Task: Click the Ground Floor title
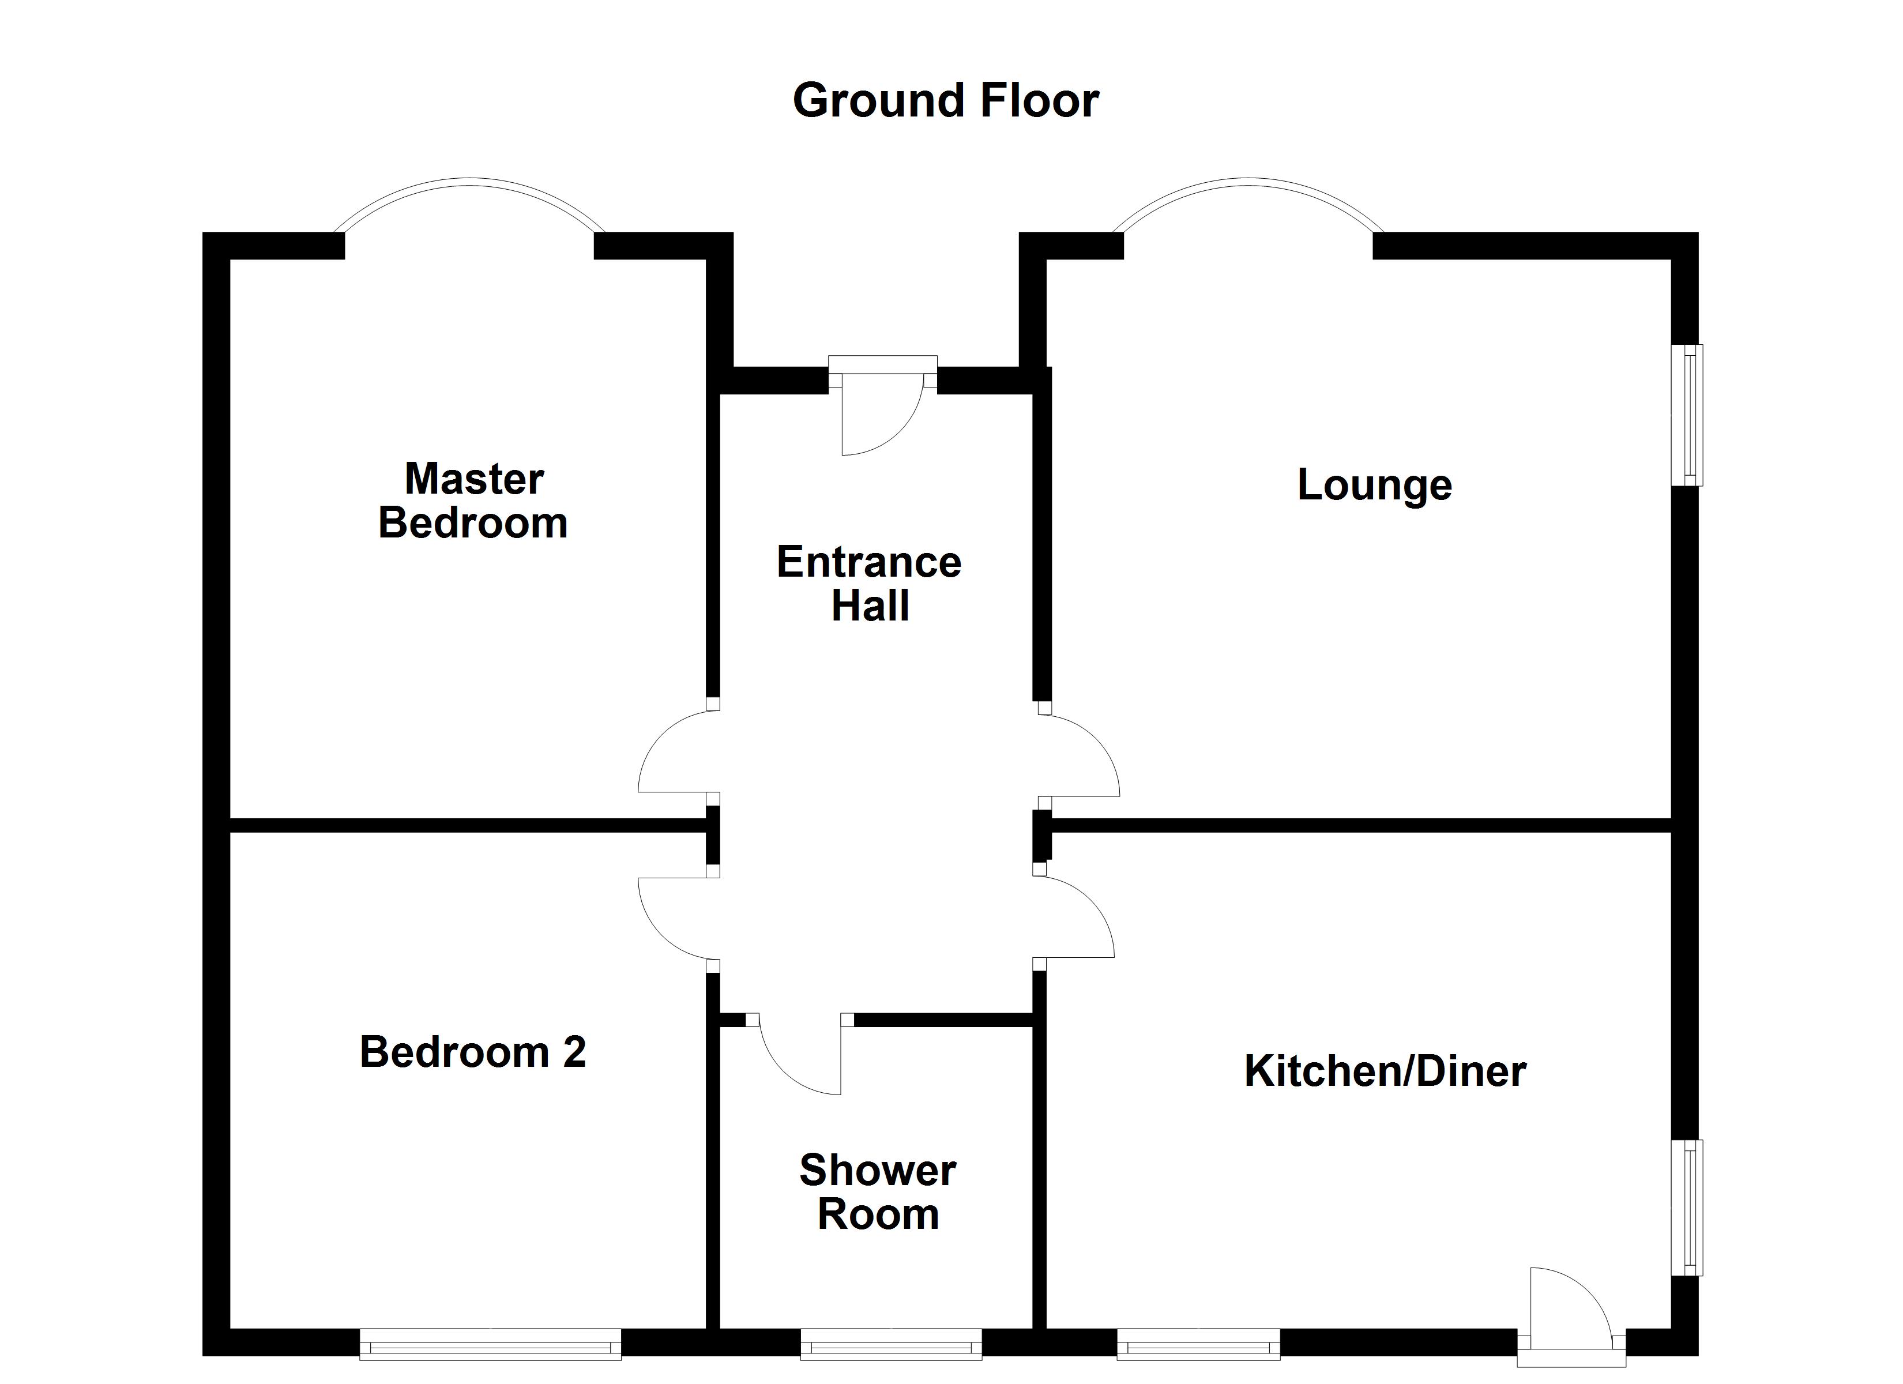[x=946, y=101]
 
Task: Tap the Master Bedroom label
[x=473, y=501]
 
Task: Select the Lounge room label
[x=1374, y=484]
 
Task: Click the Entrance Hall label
[x=869, y=584]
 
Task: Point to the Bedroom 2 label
[x=472, y=1052]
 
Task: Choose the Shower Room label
[x=878, y=1192]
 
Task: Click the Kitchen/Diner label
[x=1385, y=1071]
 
